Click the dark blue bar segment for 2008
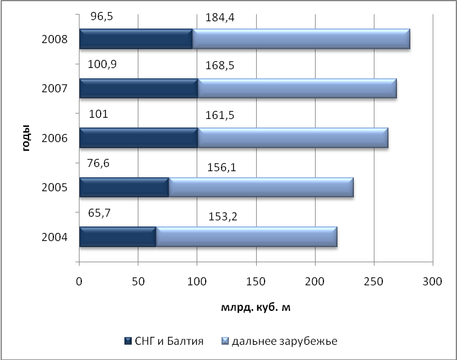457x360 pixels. [x=135, y=39]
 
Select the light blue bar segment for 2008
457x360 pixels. [x=302, y=39]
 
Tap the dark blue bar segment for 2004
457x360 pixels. [x=117, y=236]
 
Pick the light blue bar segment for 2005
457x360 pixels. [x=260, y=187]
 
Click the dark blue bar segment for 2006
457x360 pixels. [x=138, y=138]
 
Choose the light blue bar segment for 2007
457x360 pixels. [x=297, y=89]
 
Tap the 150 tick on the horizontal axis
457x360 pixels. [x=256, y=281]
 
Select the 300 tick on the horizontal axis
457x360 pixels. [x=432, y=281]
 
